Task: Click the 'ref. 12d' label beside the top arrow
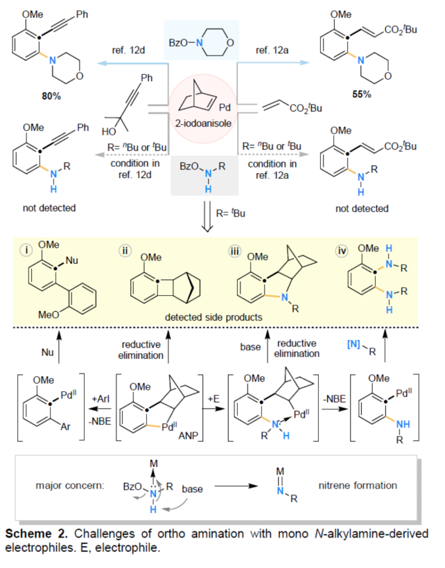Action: [x=128, y=50]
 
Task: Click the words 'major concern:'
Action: [x=73, y=489]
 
